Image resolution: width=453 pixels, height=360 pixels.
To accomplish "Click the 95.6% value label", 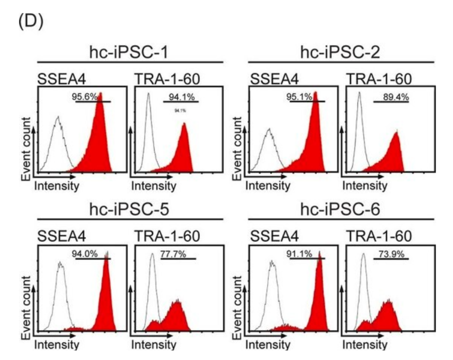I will (x=86, y=96).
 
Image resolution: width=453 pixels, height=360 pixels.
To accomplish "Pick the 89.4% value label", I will (x=394, y=96).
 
